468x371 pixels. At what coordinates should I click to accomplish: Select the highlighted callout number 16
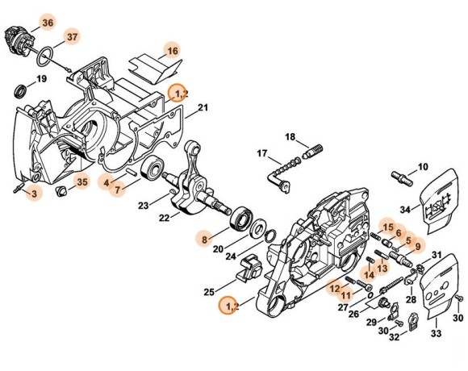(x=171, y=51)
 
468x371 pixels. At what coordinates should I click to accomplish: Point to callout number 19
(x=43, y=79)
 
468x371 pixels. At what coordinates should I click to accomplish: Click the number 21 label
(x=203, y=108)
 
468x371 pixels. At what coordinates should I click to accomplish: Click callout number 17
(x=262, y=153)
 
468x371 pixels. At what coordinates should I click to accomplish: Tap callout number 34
(x=405, y=210)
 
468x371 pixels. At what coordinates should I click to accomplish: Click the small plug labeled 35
(x=61, y=191)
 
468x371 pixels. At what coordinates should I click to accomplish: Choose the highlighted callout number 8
(x=205, y=238)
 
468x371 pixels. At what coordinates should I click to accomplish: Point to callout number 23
(x=143, y=206)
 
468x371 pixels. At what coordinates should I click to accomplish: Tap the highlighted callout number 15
(x=387, y=227)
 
